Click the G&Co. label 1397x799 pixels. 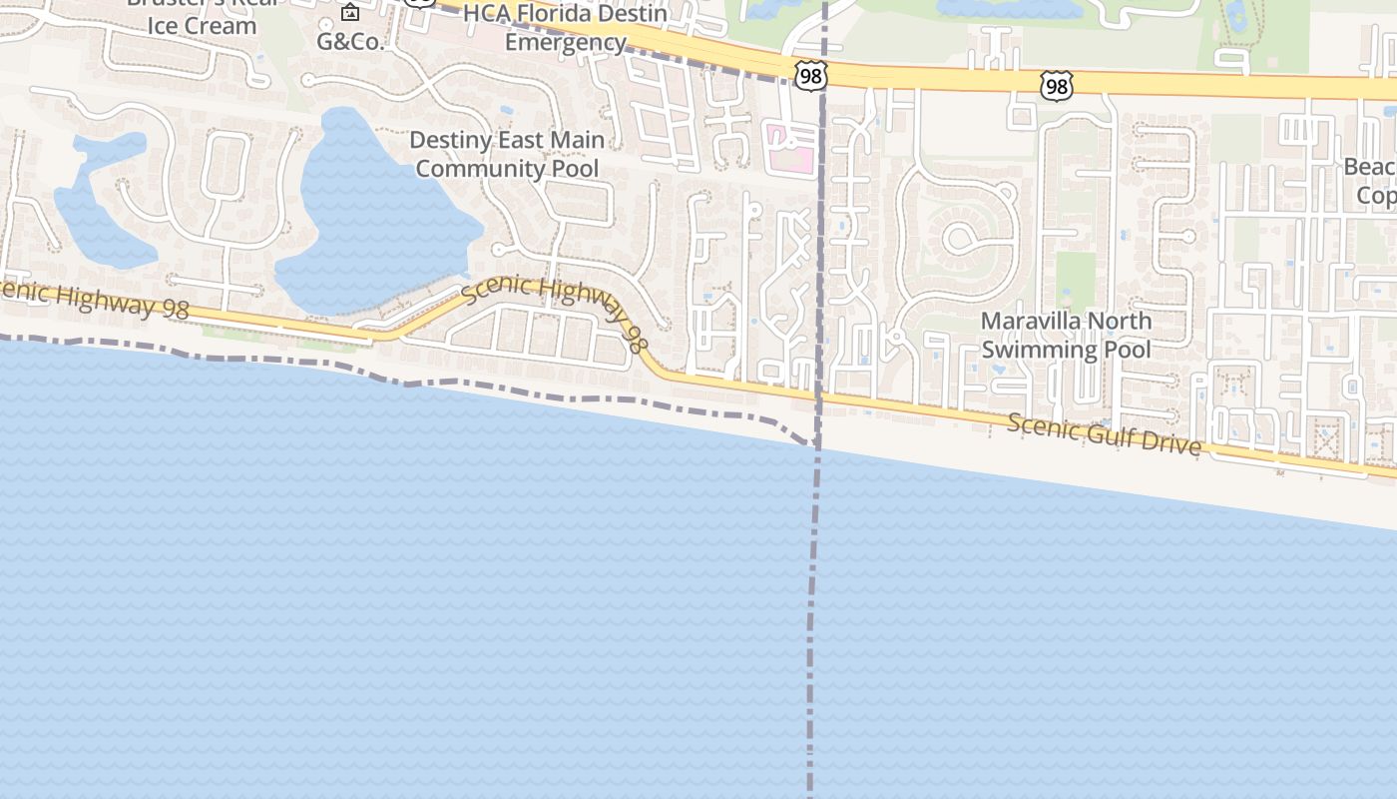pos(350,42)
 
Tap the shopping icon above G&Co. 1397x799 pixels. pos(350,13)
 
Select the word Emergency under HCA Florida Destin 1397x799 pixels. pos(565,42)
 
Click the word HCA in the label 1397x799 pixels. pos(487,14)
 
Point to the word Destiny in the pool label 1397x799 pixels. pos(452,140)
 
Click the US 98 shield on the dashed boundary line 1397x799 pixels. pos(811,75)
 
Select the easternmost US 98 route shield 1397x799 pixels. pos(1055,86)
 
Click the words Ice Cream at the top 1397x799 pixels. pos(202,26)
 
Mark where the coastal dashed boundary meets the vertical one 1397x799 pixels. pos(816,445)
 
